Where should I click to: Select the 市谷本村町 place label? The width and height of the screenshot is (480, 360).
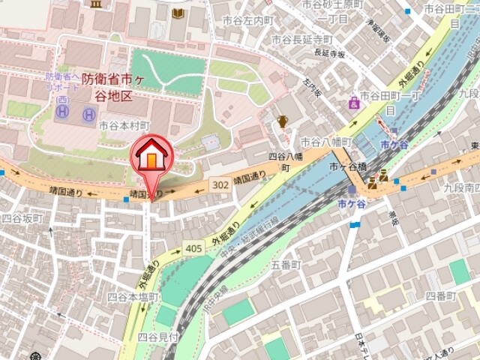click(x=124, y=126)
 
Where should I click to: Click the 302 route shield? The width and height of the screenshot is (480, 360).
click(x=220, y=183)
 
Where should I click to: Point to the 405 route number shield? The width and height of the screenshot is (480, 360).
click(x=191, y=247)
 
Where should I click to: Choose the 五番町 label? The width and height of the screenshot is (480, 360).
click(x=285, y=265)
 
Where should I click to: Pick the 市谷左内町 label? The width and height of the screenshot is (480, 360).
click(x=251, y=20)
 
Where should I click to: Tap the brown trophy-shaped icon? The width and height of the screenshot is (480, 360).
click(x=283, y=121)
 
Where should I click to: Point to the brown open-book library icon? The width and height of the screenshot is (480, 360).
click(x=177, y=13)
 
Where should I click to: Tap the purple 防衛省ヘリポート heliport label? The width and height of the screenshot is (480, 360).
click(x=61, y=81)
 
